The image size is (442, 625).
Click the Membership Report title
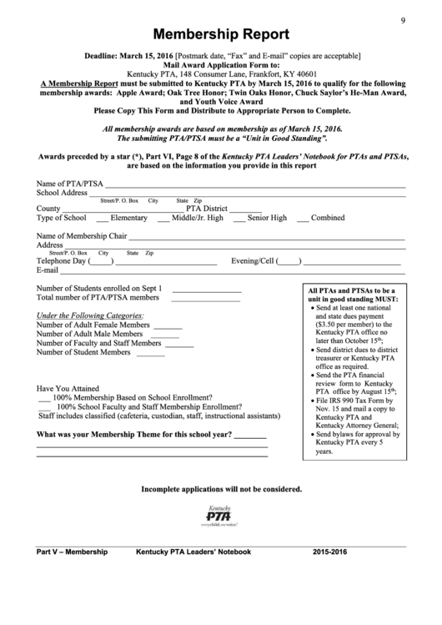tap(221, 35)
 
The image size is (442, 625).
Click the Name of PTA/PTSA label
tap(70, 184)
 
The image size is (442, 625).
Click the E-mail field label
tap(48, 270)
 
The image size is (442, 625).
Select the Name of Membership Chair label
tap(81, 236)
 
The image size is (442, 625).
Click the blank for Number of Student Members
tap(150, 354)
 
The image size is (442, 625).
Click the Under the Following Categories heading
tap(89, 316)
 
